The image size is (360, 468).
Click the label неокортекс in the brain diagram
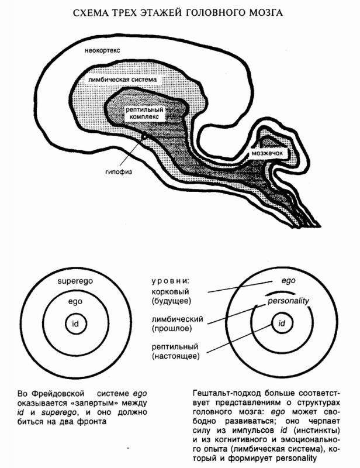click(102, 51)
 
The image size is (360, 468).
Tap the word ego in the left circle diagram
click(74, 301)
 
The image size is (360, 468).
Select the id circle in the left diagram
click(75, 324)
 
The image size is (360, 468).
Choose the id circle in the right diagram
click(282, 323)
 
